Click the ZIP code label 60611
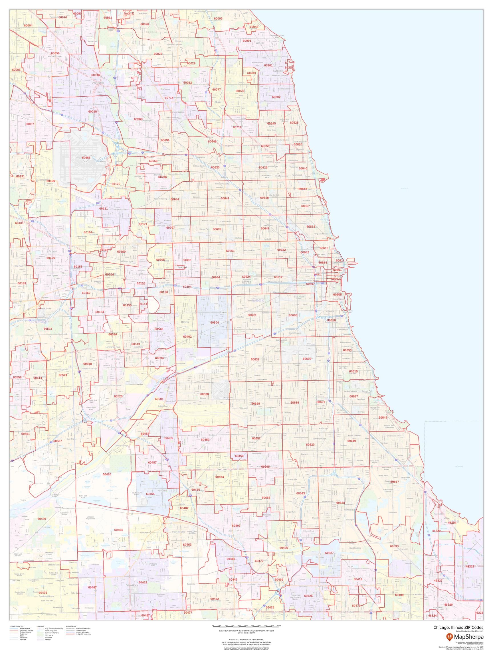340,260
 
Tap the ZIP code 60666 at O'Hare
86,158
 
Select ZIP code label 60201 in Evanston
268,65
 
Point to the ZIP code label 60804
215,322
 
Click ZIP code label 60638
205,394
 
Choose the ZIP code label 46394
452,522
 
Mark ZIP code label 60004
28,26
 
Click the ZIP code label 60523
48,329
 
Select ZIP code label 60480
107,474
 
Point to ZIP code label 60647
265,228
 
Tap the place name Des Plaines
98,83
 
